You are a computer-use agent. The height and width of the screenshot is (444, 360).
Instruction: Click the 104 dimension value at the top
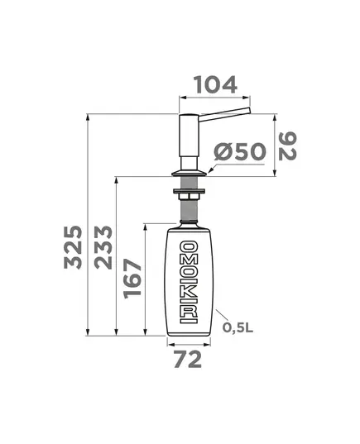click(215, 84)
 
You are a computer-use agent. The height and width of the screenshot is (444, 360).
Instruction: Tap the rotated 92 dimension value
click(287, 146)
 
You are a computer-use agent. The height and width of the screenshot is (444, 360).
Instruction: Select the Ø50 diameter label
click(240, 152)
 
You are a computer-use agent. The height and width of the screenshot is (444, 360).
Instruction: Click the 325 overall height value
click(73, 247)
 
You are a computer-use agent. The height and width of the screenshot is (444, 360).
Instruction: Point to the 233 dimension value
click(103, 247)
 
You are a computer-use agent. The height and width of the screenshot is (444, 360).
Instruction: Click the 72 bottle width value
click(188, 359)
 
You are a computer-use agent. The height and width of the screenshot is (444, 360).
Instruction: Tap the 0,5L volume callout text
click(238, 327)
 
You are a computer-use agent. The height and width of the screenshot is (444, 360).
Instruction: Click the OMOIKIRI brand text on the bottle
click(189, 282)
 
